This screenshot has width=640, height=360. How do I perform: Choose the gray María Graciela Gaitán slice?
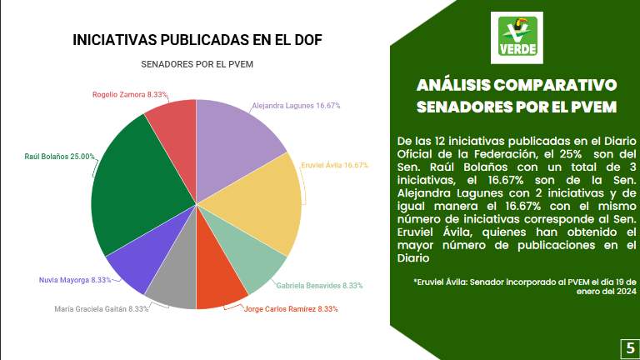click(174, 283)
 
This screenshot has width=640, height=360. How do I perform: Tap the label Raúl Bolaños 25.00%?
click(59, 156)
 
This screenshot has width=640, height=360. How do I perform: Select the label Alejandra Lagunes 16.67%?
click(296, 106)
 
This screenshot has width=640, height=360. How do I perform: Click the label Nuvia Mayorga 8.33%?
click(75, 280)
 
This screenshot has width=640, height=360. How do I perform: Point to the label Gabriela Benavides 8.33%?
click(319, 286)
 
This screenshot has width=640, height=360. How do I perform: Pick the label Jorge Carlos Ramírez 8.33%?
click(291, 309)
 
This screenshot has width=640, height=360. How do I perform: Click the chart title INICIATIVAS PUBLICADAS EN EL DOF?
click(197, 40)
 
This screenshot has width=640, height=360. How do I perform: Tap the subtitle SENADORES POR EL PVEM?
click(197, 64)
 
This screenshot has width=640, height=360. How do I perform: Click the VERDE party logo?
click(517, 38)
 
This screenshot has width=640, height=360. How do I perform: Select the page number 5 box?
click(630, 347)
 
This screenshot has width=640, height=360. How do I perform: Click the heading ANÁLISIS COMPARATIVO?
click(517, 86)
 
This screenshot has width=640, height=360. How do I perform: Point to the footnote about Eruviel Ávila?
click(524, 286)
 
